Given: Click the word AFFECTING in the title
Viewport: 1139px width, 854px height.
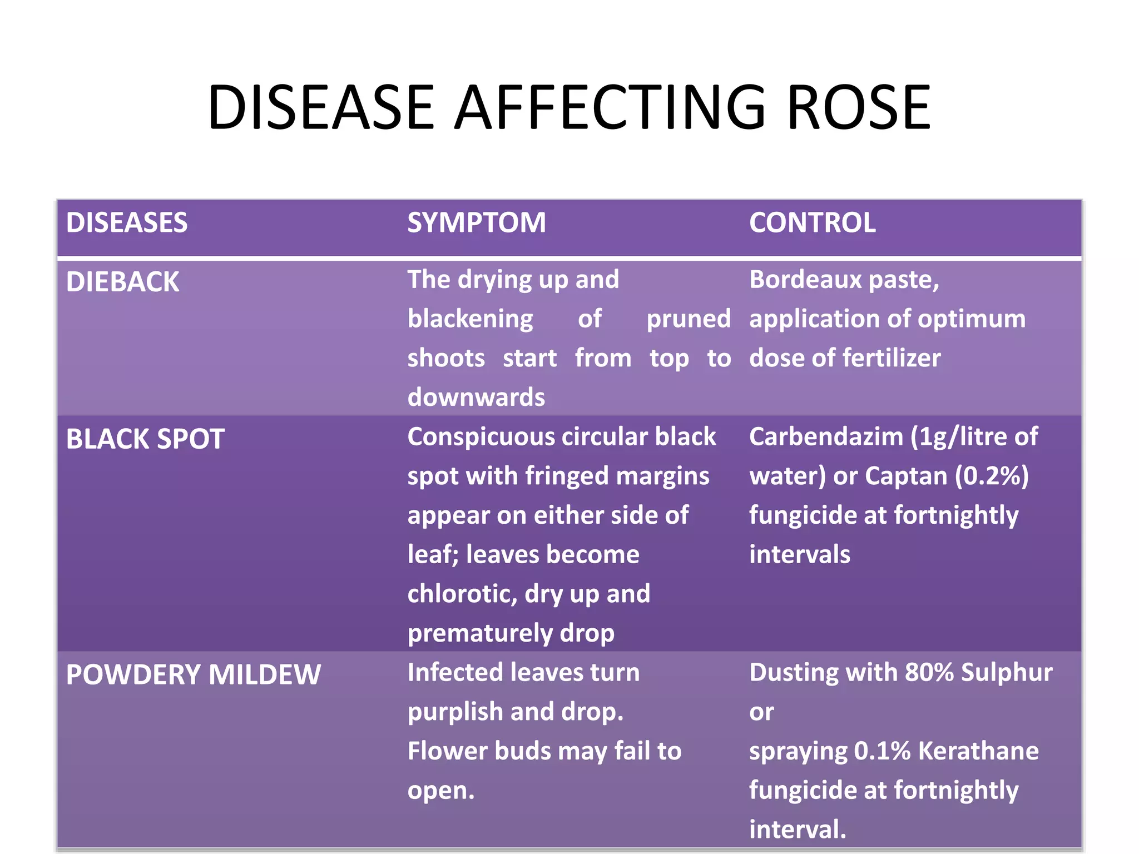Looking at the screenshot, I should point(610,107).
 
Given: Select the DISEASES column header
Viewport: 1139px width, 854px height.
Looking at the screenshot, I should point(127,222).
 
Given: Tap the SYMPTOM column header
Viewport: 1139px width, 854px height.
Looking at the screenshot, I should point(477,222).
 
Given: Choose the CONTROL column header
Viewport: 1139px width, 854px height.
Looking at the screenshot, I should point(812,222).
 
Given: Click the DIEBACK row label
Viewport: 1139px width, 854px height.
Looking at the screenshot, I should point(122,282).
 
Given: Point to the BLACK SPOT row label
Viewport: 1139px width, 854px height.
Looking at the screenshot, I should point(145,439).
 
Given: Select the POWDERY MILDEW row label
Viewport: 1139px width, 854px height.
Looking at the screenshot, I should point(193,674).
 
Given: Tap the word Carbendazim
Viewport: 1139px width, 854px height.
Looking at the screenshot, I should point(825,436).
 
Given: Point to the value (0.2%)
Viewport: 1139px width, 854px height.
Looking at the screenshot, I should point(992,476).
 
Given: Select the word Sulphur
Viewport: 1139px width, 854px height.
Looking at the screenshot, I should point(1006,672).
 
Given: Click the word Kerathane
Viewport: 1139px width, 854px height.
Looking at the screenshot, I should point(978,751).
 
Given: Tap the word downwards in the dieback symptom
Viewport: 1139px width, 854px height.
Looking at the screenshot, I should point(476,397).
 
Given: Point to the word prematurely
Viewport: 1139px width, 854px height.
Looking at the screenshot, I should point(479,633).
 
